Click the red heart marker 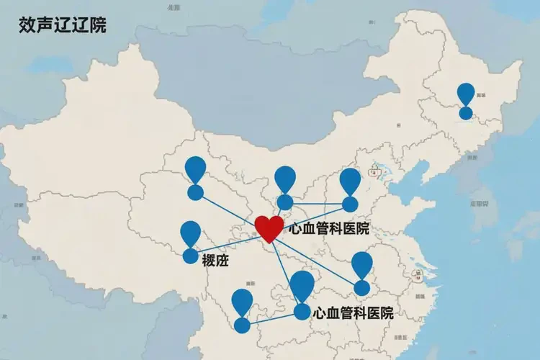(x=269, y=228)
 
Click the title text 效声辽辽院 (x=63, y=26)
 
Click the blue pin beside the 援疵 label (x=190, y=241)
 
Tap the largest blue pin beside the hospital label (x=302, y=292)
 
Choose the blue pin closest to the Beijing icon (x=350, y=189)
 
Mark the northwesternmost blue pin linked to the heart (x=195, y=177)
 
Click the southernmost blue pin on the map (x=242, y=310)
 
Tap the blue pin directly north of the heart (x=285, y=187)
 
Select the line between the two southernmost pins (x=272, y=319)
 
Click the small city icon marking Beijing (x=374, y=171)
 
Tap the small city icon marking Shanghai (x=415, y=274)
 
